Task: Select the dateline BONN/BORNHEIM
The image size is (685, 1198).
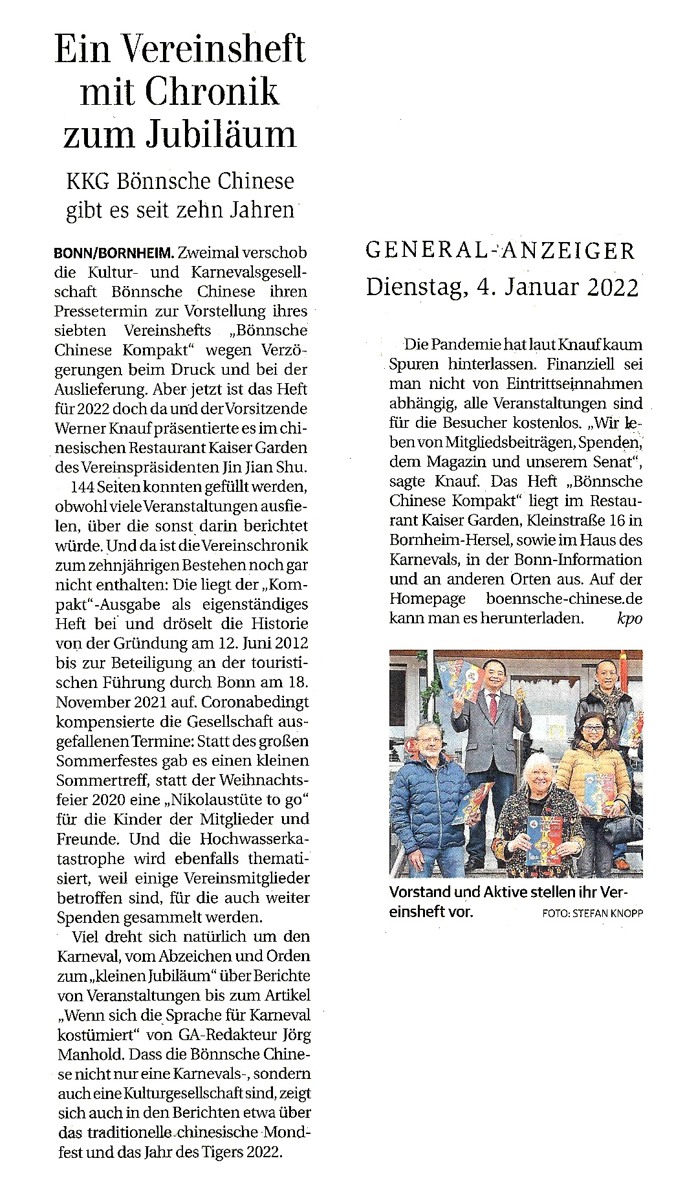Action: [x=114, y=252]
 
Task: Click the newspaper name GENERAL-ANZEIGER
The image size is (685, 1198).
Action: [x=500, y=250]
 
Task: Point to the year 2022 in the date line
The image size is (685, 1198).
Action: [x=613, y=286]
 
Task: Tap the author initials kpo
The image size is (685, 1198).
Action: [x=629, y=618]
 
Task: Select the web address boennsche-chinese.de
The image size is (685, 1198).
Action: [x=564, y=599]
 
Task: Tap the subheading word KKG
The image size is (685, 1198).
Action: [x=89, y=181]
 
